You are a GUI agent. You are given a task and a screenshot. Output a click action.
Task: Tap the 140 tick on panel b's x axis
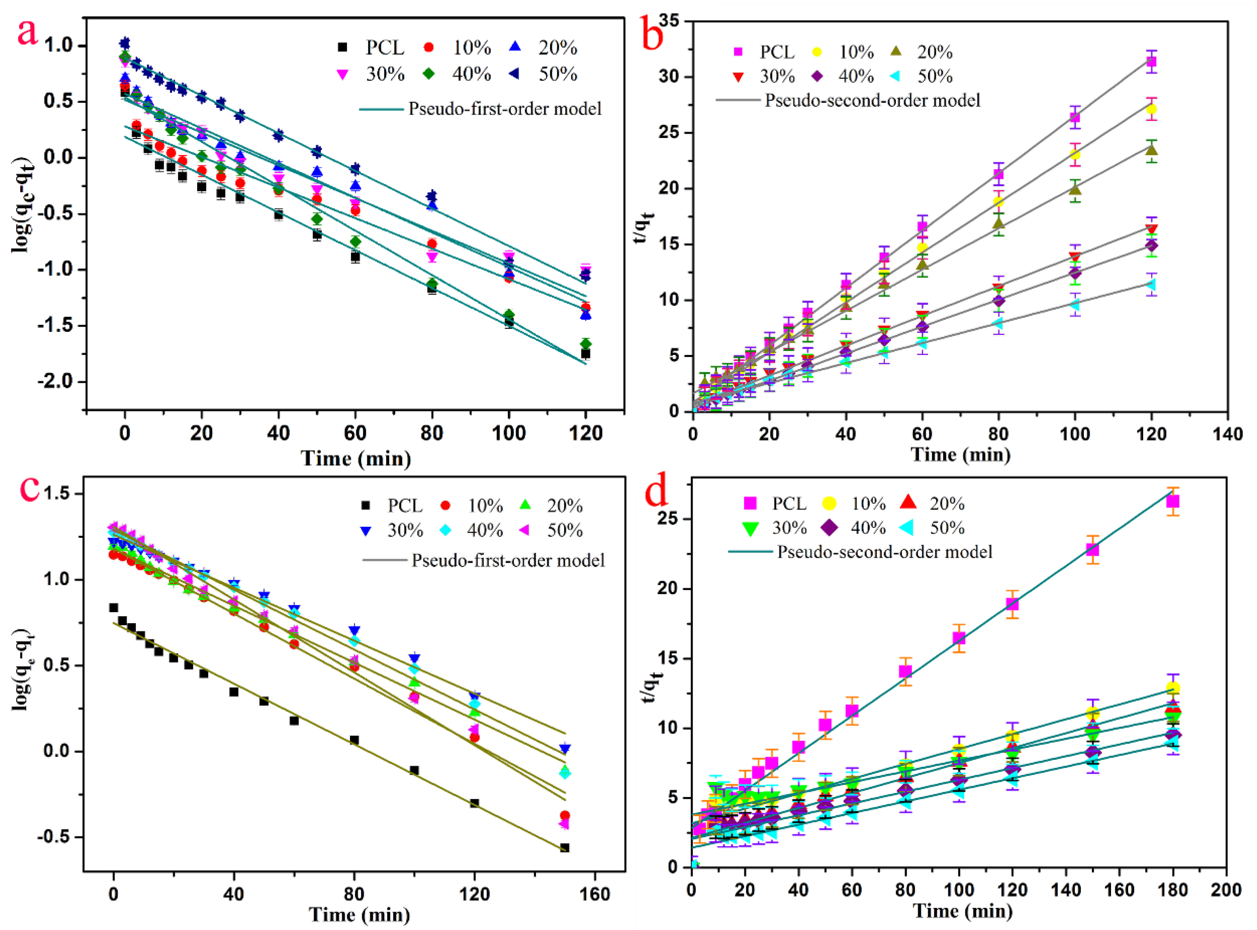1227,434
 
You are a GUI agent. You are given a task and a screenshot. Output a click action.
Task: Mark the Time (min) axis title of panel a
356,458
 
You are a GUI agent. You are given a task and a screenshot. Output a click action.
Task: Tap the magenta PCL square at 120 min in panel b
1151,62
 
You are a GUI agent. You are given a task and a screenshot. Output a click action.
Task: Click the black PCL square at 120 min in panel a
585,354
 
